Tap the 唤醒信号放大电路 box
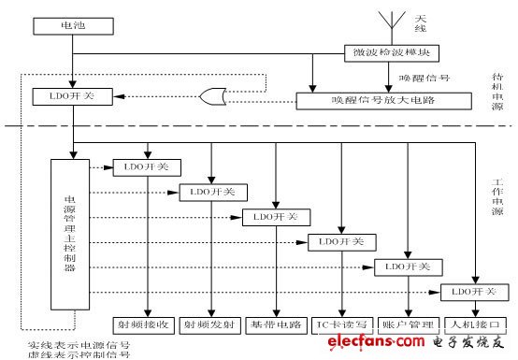(x=371, y=99)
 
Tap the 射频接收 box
(x=148, y=325)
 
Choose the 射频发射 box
(x=212, y=325)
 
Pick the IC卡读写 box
(x=342, y=325)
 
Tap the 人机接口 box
(x=473, y=325)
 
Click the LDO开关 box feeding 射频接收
(x=148, y=167)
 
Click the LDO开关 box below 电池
(x=72, y=95)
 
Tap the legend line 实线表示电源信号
(x=79, y=344)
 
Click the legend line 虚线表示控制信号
(x=79, y=354)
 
